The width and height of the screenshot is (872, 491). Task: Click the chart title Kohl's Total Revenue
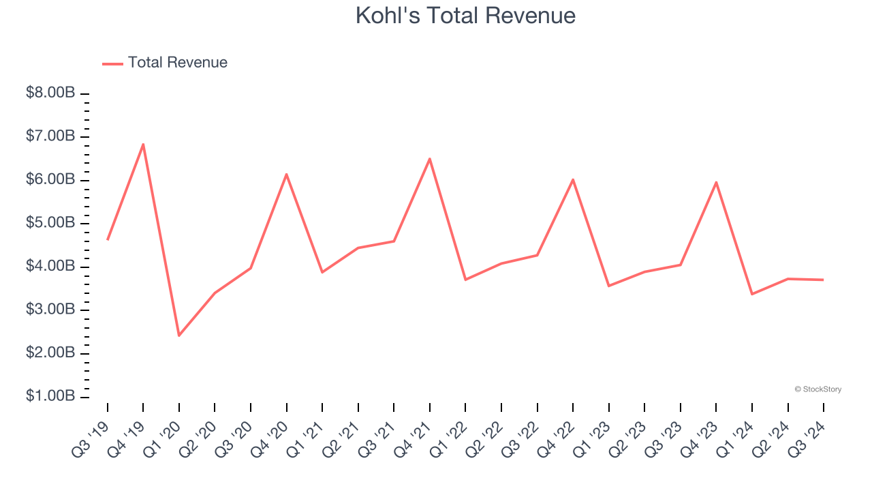(465, 16)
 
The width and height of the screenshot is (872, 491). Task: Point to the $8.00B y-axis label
(50, 93)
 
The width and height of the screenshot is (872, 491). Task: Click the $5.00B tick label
(50, 224)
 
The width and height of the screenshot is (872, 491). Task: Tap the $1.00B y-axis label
(50, 397)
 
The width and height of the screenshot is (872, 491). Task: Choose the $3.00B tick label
(50, 310)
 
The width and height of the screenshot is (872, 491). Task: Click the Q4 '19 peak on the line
(143, 144)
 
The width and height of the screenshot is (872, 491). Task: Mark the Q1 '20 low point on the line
(179, 336)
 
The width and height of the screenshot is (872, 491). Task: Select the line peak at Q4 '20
(287, 174)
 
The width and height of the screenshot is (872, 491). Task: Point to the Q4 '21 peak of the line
(430, 159)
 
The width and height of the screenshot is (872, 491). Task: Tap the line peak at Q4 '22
(573, 179)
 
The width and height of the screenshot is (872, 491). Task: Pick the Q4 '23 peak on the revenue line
(716, 182)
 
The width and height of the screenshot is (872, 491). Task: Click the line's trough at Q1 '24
(752, 294)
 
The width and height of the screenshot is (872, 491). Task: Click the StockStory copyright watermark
(817, 389)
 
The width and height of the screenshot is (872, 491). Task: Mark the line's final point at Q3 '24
(824, 280)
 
